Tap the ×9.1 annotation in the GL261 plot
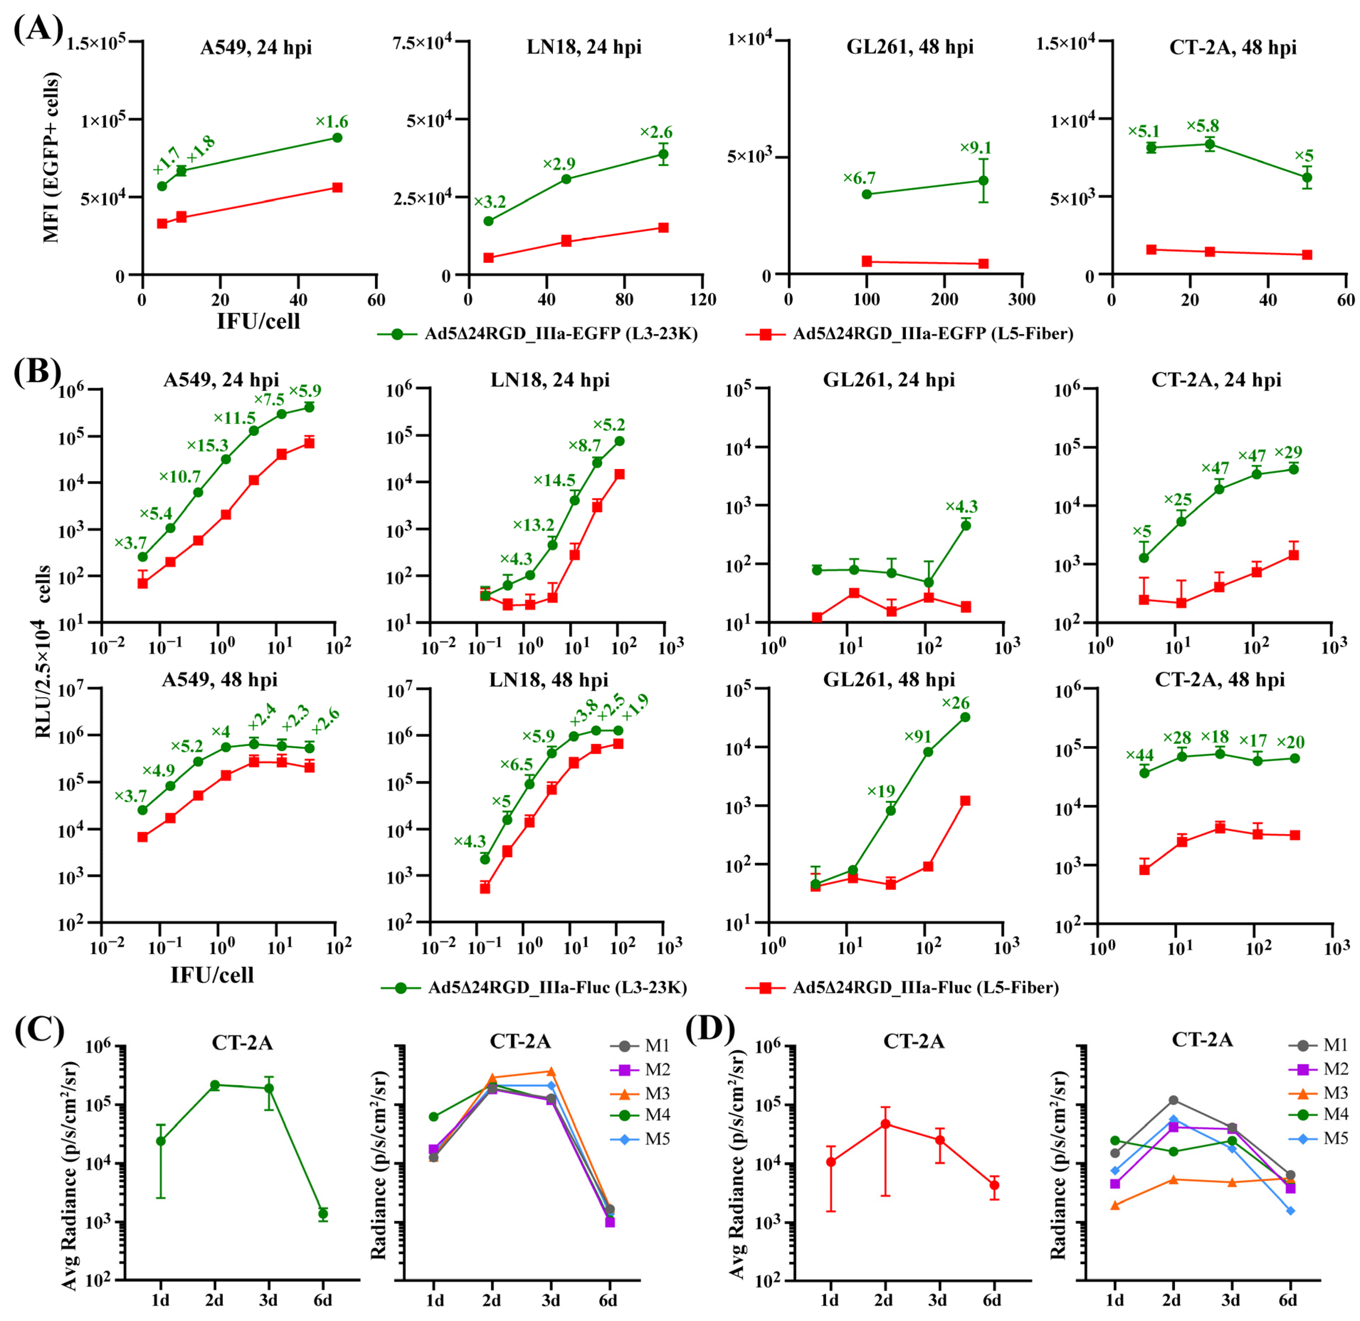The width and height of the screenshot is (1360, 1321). (976, 148)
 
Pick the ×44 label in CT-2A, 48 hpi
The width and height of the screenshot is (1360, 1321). (1140, 756)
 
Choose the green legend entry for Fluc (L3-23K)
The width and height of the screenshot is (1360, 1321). (534, 987)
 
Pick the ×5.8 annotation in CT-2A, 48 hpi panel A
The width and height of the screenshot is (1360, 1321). (1202, 126)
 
